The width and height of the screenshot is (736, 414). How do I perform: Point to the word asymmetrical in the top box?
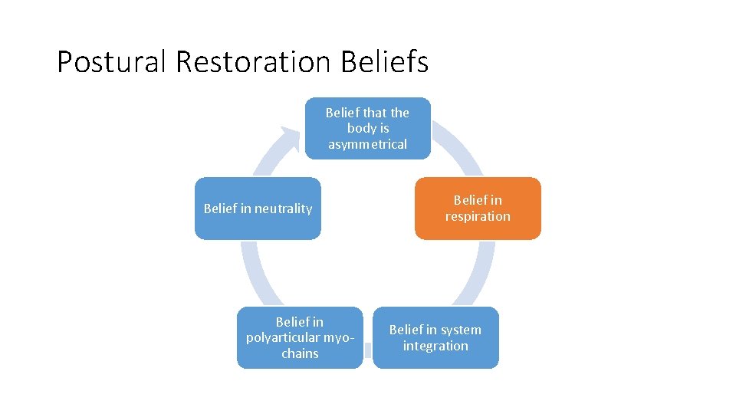click(x=368, y=144)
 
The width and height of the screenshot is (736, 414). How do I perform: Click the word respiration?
click(x=478, y=216)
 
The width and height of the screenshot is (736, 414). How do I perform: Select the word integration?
click(x=435, y=346)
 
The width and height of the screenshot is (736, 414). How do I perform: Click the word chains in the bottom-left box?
click(x=300, y=353)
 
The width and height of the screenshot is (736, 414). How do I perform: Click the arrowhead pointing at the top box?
click(x=290, y=136)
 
